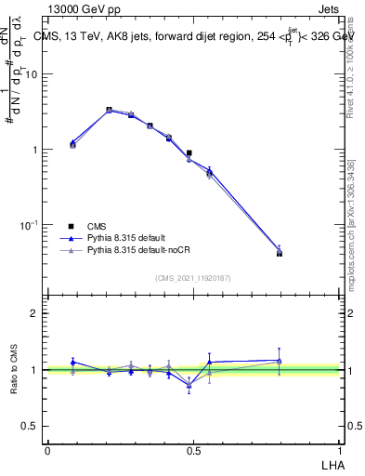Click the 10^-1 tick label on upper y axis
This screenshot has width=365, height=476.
[x=32, y=225]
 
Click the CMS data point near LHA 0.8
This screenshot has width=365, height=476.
[x=280, y=253]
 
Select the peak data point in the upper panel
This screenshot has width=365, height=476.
[x=109, y=110]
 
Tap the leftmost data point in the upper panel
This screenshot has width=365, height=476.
[x=72, y=144]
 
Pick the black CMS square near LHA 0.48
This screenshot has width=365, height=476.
[x=189, y=153]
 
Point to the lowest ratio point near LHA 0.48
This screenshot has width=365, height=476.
[x=189, y=384]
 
